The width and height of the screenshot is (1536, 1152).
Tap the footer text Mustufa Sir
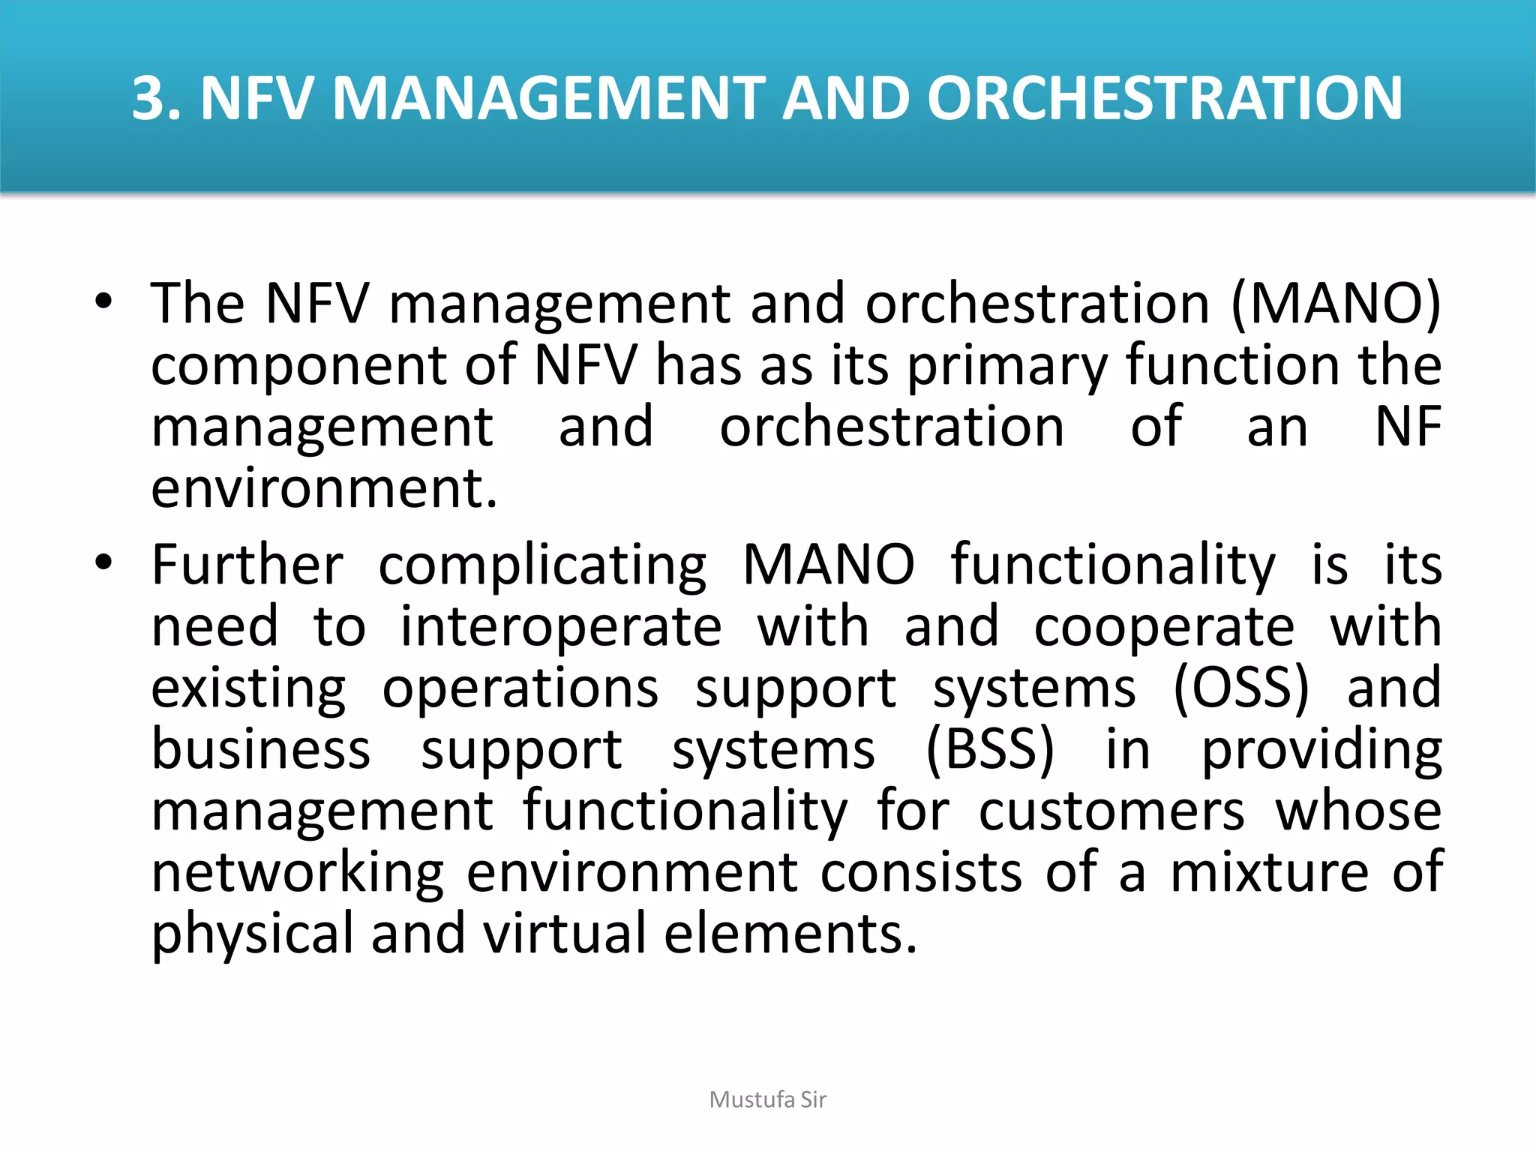[x=767, y=1099]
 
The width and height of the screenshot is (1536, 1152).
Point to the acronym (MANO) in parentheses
[x=1336, y=304]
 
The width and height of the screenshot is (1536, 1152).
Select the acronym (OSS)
[x=1240, y=687]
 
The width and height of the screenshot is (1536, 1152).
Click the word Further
[x=247, y=564]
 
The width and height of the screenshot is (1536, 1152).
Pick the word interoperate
[x=560, y=627]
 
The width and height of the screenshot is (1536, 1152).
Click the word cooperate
[x=1163, y=627]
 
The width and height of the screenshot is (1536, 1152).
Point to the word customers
[x=1111, y=811]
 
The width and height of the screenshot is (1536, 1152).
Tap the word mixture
[x=1269, y=872]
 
